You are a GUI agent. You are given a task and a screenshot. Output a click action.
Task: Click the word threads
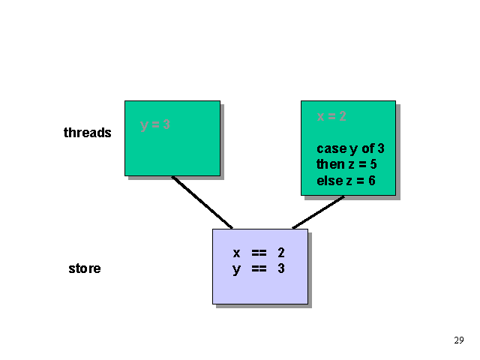point(88,133)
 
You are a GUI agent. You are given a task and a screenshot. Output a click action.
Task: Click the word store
point(85,268)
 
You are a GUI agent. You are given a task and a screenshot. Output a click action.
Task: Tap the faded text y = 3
point(155,125)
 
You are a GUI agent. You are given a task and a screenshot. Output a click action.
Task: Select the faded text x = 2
point(331,116)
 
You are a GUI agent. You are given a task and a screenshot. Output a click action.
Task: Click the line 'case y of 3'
point(350,148)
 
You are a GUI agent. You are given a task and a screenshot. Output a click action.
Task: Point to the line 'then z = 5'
point(346,164)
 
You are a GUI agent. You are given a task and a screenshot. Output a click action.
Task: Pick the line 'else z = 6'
point(346,181)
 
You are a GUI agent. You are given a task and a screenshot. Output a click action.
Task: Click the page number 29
point(459,340)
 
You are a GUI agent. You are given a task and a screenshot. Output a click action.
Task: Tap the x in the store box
point(236,253)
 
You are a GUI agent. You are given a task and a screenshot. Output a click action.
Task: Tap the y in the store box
point(236,269)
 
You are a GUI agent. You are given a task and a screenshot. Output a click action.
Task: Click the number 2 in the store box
point(281,253)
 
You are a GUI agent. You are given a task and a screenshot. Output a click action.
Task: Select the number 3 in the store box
point(281,268)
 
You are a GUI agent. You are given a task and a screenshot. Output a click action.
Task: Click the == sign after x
point(259,253)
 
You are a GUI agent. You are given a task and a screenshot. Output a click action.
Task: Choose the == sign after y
point(259,268)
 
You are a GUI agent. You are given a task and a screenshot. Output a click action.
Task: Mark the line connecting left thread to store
point(202,202)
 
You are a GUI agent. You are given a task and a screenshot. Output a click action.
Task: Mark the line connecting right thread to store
point(318,212)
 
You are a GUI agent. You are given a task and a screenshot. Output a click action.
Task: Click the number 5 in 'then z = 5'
point(373,164)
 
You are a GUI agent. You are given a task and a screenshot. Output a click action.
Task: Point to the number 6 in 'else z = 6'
point(372,181)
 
